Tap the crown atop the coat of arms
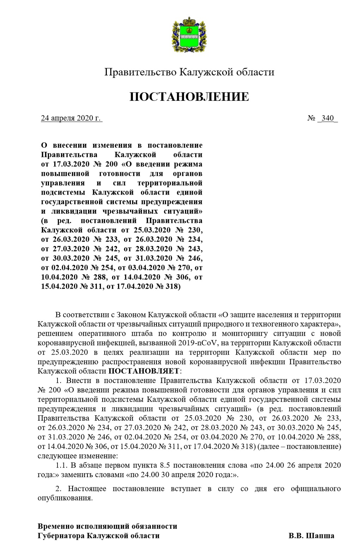click(189, 22)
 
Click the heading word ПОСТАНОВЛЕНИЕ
click(189, 97)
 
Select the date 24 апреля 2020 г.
click(71, 118)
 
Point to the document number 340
click(328, 118)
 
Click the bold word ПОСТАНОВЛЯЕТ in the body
click(144, 371)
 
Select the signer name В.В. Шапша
click(311, 536)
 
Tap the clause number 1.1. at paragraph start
click(62, 465)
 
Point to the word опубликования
click(65, 498)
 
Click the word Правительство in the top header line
click(140, 72)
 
